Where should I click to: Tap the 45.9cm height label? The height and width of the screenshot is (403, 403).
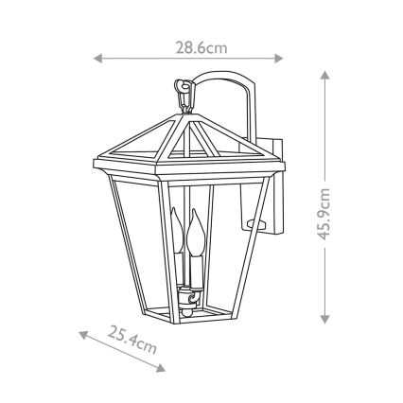coord(324,213)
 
